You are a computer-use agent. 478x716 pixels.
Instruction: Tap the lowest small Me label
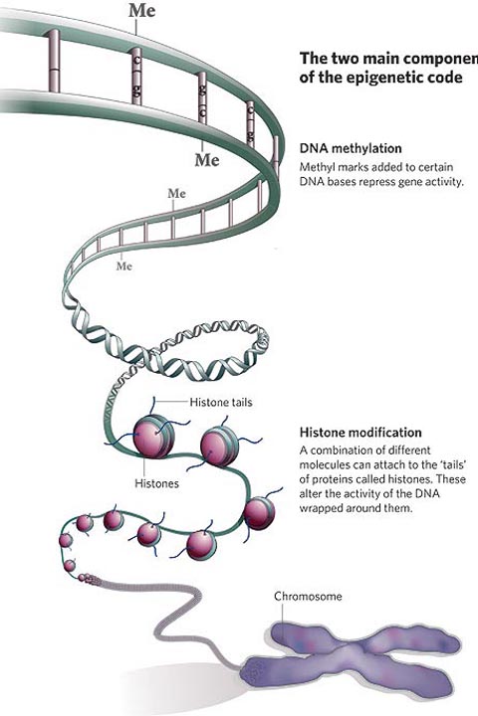pos(124,266)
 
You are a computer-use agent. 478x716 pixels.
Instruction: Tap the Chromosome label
pos(309,596)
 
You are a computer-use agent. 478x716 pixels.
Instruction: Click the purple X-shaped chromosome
pos(378,655)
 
